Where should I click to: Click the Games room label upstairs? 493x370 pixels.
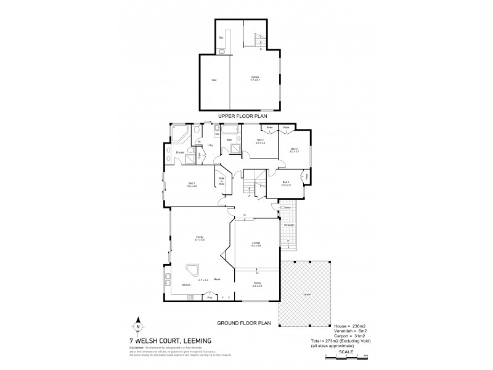click(254, 78)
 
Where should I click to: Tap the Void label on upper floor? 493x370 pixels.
click(214, 80)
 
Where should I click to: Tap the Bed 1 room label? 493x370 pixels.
click(192, 184)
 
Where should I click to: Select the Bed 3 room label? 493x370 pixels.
click(293, 150)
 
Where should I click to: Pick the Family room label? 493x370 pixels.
click(199, 238)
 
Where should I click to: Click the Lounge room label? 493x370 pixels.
click(256, 244)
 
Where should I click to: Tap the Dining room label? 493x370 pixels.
click(256, 284)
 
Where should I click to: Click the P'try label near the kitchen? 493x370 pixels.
click(211, 297)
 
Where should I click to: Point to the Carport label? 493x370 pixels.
click(306, 294)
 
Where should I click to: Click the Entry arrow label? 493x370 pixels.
click(287, 208)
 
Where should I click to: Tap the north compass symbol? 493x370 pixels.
click(137, 327)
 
